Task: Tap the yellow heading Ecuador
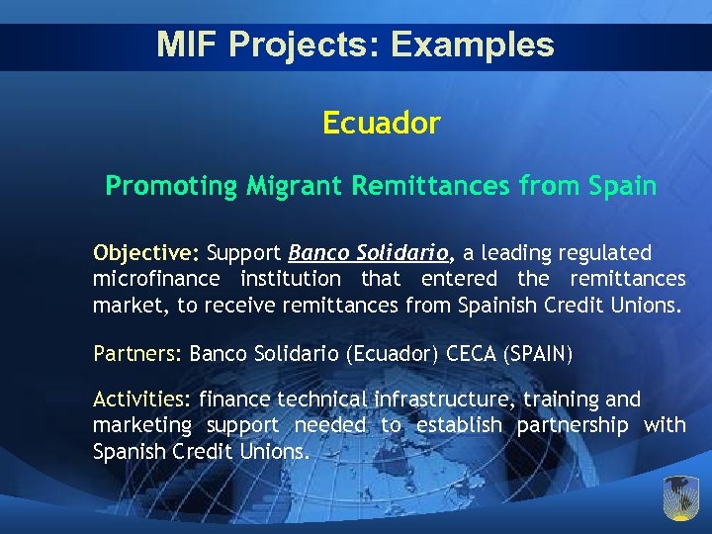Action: (x=381, y=124)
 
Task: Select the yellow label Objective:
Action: (x=146, y=253)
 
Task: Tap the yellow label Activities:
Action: (x=142, y=400)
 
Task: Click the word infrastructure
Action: (x=442, y=400)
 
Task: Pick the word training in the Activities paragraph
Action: (x=560, y=400)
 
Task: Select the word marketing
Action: (x=142, y=425)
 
